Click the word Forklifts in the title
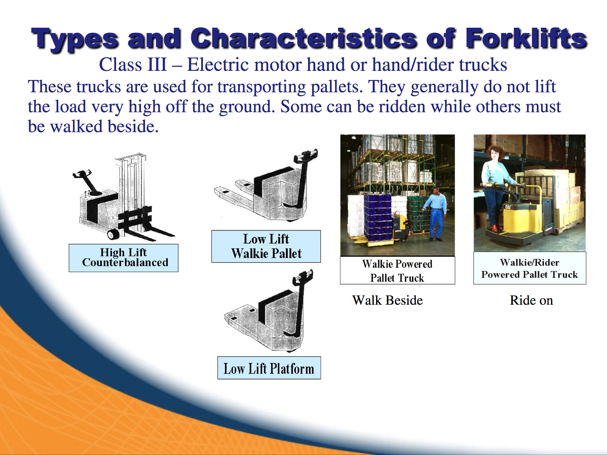click(x=526, y=38)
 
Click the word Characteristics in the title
click(x=304, y=38)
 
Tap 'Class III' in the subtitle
click(x=133, y=65)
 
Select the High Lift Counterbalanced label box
click(x=123, y=258)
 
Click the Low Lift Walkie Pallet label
click(x=266, y=246)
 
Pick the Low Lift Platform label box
click(x=269, y=368)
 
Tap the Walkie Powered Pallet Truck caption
click(x=397, y=270)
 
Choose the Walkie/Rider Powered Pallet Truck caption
click(x=530, y=268)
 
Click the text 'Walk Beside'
click(x=388, y=300)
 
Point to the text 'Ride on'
click(x=531, y=300)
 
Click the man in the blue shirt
click(x=436, y=214)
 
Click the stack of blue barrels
click(x=378, y=217)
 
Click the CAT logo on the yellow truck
click(x=508, y=207)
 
